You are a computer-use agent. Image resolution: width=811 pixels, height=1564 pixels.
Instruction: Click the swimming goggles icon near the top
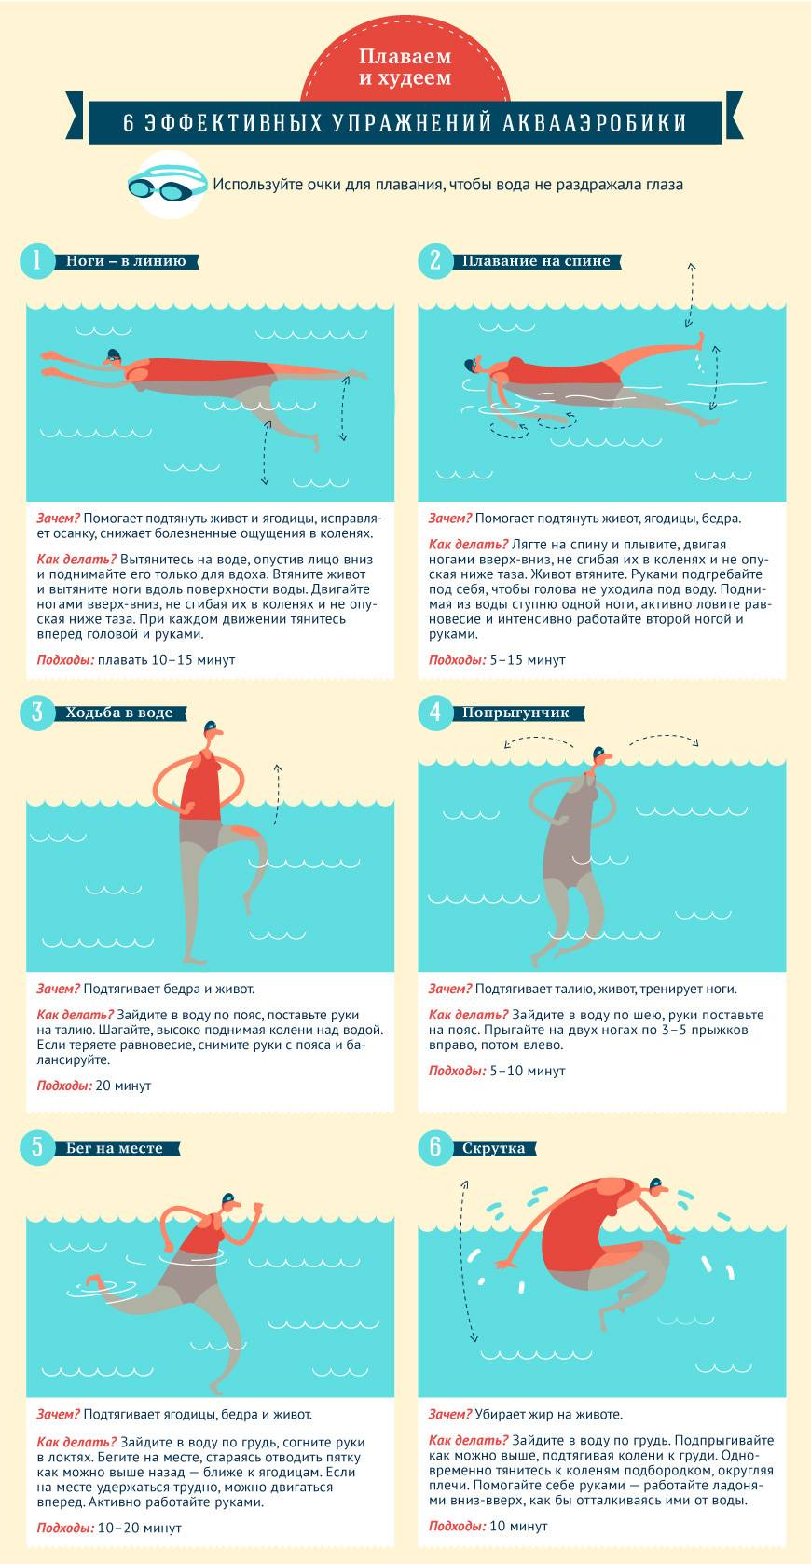click(x=168, y=185)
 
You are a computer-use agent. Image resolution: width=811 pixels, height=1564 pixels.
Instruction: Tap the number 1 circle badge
click(x=37, y=262)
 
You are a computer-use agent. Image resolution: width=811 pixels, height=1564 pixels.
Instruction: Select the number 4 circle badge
click(x=435, y=713)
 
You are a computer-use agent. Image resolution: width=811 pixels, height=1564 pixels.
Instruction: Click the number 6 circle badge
click(x=435, y=1148)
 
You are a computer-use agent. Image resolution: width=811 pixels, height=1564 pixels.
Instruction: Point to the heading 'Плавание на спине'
click(x=536, y=261)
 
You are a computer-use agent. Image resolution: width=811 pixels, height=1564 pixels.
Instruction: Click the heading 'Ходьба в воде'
click(x=118, y=713)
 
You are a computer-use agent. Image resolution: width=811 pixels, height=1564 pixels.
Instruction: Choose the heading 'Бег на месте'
click(x=114, y=1149)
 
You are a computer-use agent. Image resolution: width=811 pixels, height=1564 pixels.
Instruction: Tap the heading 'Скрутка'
click(x=493, y=1149)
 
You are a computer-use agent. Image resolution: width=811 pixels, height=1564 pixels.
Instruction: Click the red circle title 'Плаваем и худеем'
click(x=405, y=67)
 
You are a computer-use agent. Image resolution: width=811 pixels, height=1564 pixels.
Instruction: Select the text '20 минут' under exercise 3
click(x=123, y=1086)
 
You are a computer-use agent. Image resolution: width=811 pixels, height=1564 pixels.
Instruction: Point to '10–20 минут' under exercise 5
click(x=140, y=1528)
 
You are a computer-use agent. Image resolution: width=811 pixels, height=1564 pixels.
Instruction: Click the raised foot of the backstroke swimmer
click(x=697, y=340)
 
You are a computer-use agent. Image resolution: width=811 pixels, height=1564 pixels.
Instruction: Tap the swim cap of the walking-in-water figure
click(x=210, y=727)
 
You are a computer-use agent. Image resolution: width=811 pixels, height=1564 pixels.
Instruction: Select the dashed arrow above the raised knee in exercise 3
click(x=277, y=794)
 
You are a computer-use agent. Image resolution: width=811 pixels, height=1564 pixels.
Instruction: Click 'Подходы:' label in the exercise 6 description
click(x=457, y=1526)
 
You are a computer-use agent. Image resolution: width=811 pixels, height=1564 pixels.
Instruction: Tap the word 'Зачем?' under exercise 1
click(x=59, y=519)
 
